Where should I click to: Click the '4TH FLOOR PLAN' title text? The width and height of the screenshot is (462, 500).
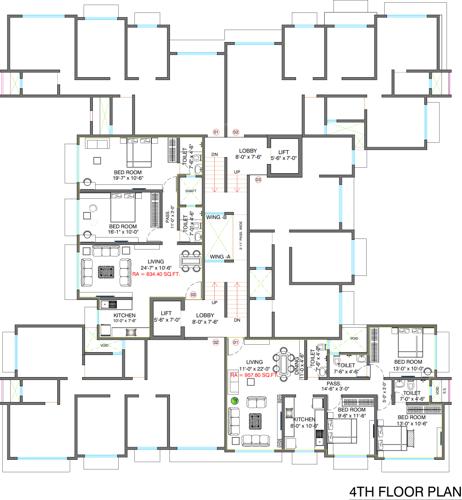402,491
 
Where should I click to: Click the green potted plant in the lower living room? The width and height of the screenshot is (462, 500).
233,402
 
